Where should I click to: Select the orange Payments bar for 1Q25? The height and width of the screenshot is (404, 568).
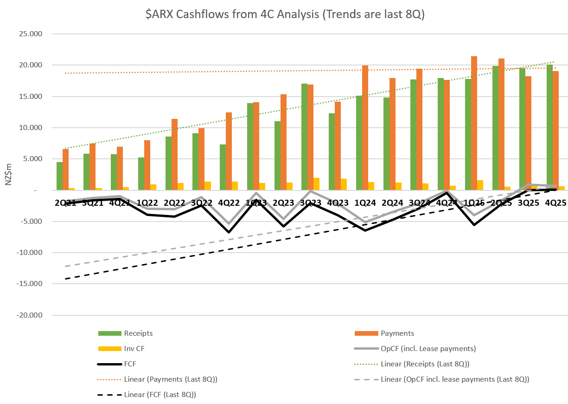tap(474, 123)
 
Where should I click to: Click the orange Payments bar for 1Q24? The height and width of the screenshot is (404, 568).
tap(365, 128)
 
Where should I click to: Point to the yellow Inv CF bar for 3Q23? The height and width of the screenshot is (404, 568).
tap(316, 184)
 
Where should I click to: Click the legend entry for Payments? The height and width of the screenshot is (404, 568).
tap(397, 333)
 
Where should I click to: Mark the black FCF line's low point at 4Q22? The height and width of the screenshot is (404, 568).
tap(228, 232)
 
